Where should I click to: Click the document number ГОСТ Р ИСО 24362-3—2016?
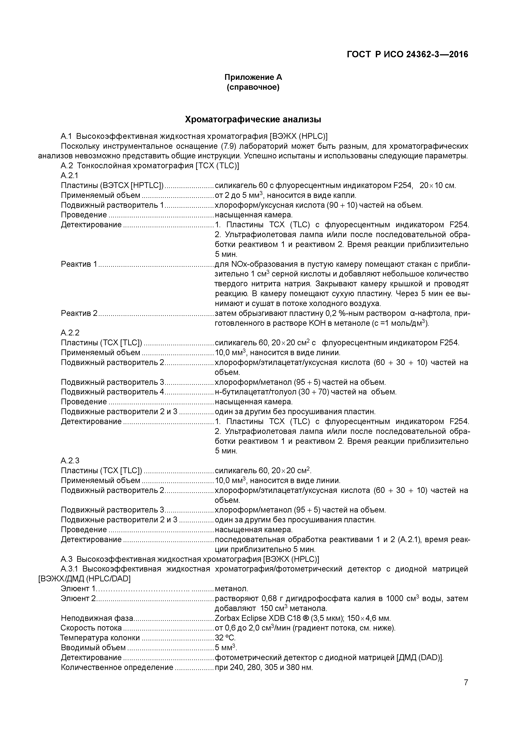tap(407, 55)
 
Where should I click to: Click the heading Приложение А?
tap(253, 77)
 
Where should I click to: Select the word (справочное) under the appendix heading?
tap(253, 87)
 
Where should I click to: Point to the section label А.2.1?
tap(69, 175)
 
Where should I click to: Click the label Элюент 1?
tap(78, 589)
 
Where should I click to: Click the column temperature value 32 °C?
tap(225, 638)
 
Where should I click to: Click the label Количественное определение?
tap(117, 667)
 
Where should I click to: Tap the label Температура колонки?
tap(100, 638)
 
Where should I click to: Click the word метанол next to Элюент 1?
tap(231, 589)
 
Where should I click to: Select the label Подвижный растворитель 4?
tap(112, 392)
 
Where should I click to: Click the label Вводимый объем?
tap(93, 648)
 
